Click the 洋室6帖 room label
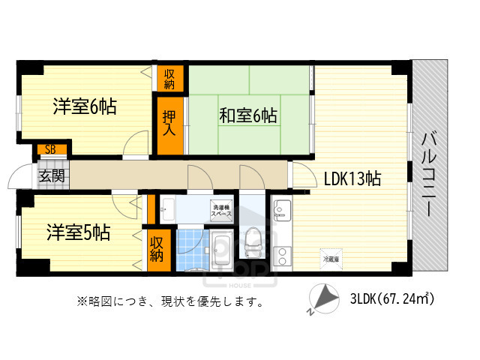coord(84,106)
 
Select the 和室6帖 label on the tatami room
coord(247,115)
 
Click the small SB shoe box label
coord(50,149)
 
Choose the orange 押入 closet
coord(169,123)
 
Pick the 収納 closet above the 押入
coord(169,77)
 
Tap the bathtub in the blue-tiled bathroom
coord(221,250)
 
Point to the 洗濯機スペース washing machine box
coord(220,210)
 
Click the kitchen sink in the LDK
coord(281,211)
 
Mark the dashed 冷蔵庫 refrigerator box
coord(331,258)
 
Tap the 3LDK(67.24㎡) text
coord(391,298)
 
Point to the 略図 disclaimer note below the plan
coord(169,302)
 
